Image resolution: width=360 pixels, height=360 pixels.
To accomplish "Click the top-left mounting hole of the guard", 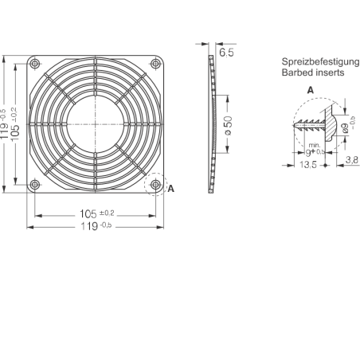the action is point(35,64).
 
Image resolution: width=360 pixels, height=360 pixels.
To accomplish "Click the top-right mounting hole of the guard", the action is point(155,64).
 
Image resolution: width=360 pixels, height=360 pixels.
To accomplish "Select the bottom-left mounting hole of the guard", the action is point(35,184).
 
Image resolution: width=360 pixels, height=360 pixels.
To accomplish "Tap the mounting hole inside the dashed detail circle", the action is point(155,184).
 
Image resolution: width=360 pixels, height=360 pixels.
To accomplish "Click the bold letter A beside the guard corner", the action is point(171,189).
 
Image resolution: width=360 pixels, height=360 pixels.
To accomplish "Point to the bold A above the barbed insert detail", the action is point(311,90).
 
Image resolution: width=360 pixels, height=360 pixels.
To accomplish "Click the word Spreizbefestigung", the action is point(320,62).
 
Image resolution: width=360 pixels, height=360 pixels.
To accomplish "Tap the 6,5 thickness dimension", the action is point(226,53).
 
